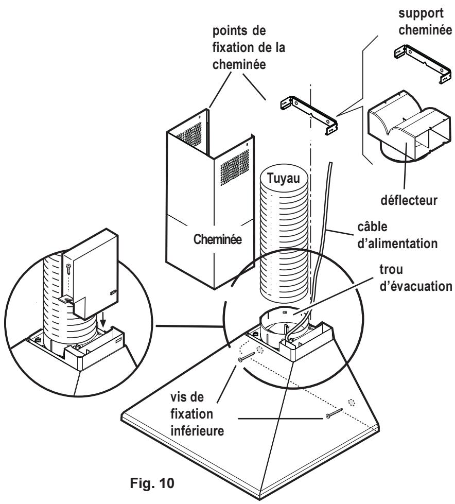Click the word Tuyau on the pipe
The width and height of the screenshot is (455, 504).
point(284,178)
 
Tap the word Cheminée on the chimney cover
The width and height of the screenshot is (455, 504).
point(218,239)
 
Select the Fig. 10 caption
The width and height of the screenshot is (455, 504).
point(152,482)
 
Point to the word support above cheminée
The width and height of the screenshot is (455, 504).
point(421,13)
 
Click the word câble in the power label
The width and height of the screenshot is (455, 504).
point(373,227)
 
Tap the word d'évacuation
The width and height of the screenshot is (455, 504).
point(416,286)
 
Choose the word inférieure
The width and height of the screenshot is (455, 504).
point(197,431)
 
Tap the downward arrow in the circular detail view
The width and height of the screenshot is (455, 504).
point(103,319)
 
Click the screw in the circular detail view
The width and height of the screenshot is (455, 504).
point(68,269)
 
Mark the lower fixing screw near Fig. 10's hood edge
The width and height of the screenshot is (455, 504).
point(334,412)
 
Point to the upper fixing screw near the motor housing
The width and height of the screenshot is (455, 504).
point(247,357)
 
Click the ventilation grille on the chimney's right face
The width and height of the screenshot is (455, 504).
point(235,167)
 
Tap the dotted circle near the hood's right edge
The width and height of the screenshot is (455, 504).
point(352,402)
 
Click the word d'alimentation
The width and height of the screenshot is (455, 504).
point(397,244)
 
